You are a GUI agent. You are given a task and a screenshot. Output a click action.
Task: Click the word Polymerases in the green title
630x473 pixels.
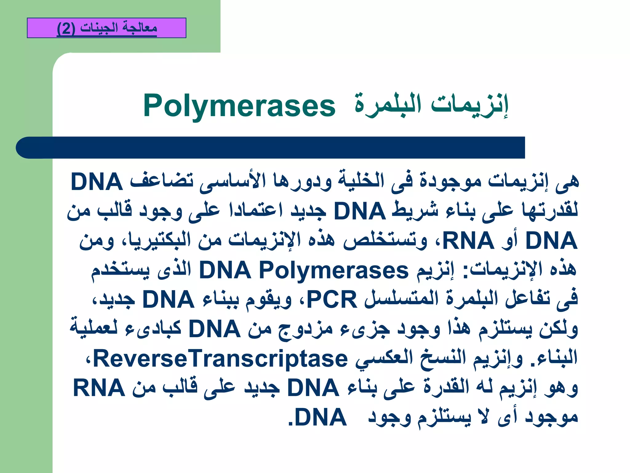point(239,106)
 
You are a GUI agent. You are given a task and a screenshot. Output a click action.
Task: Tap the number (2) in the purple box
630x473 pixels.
point(66,29)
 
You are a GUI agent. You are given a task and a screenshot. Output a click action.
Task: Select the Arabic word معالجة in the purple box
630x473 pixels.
point(140,27)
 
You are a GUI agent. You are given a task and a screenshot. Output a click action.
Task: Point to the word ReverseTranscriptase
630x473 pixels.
point(220,359)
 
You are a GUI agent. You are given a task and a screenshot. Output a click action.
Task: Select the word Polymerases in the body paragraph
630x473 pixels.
point(334,270)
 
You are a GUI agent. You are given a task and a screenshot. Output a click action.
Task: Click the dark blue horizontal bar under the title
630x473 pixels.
point(271,148)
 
